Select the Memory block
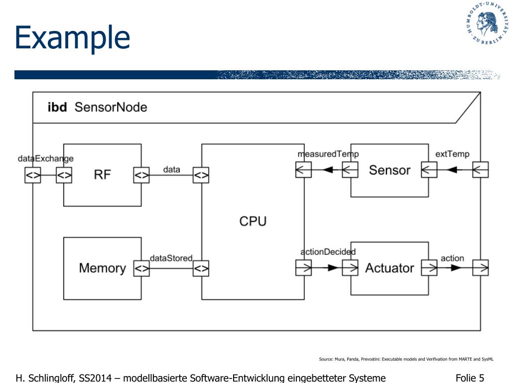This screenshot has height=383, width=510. coord(102,268)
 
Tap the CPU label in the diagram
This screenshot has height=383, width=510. coord(253,221)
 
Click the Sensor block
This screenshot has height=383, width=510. coord(389,170)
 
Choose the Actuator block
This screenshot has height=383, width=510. coord(389,268)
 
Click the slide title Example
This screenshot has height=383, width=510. coord(72,38)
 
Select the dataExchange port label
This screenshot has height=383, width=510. coord(45,159)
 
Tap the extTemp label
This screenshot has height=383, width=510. coord(452,154)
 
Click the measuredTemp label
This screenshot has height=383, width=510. coord(328,154)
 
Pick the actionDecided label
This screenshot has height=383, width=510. coord(328,252)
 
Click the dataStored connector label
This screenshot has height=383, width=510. coord(171,258)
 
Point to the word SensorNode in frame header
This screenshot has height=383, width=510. coord(111,107)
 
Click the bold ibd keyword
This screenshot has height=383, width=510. coord(57,107)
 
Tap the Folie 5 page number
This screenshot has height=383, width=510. coord(470,378)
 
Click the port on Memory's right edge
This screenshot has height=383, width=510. coord(141,268)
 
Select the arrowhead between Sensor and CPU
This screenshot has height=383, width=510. coord(327,170)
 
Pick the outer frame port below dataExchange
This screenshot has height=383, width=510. coord(33,175)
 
